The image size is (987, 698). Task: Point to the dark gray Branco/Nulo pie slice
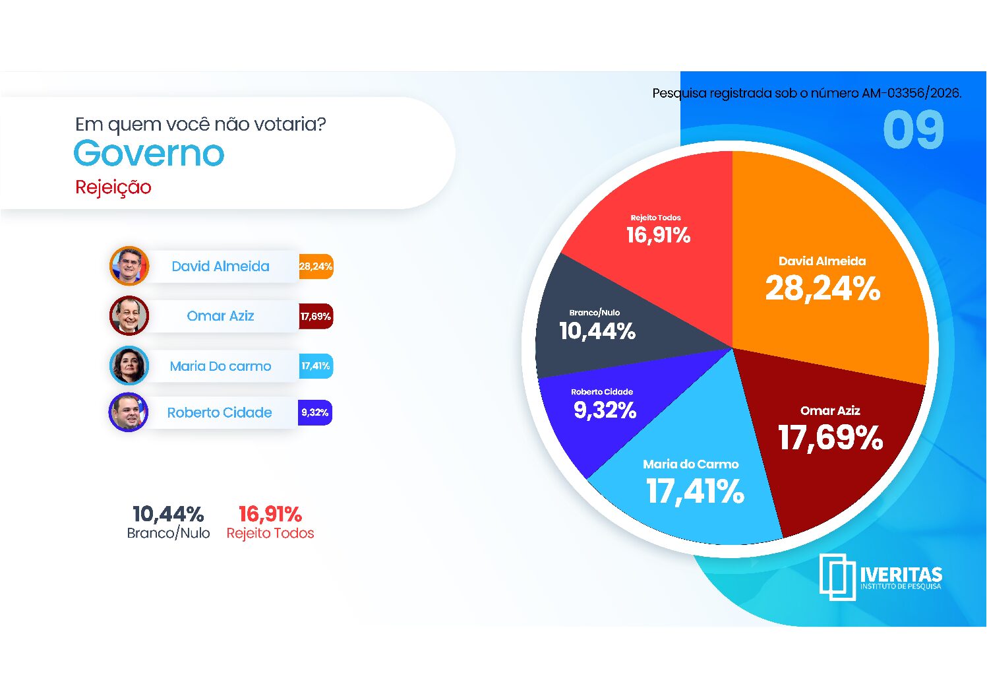(x=599, y=327)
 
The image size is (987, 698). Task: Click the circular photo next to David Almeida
(x=129, y=266)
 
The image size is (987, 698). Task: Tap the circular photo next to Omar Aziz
(x=129, y=316)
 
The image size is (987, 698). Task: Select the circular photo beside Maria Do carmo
(x=129, y=365)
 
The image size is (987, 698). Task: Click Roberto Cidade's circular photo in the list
(x=128, y=412)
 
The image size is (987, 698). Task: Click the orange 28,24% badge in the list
(x=316, y=267)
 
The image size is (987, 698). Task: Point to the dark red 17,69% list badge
(x=316, y=316)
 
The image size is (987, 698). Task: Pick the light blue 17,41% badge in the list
(x=316, y=366)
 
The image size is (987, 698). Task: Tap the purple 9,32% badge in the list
(x=315, y=413)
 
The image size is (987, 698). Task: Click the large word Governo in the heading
(x=149, y=153)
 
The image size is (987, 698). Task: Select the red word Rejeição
(x=113, y=187)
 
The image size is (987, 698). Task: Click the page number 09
(x=913, y=129)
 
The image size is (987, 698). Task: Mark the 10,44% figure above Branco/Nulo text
(x=168, y=514)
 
